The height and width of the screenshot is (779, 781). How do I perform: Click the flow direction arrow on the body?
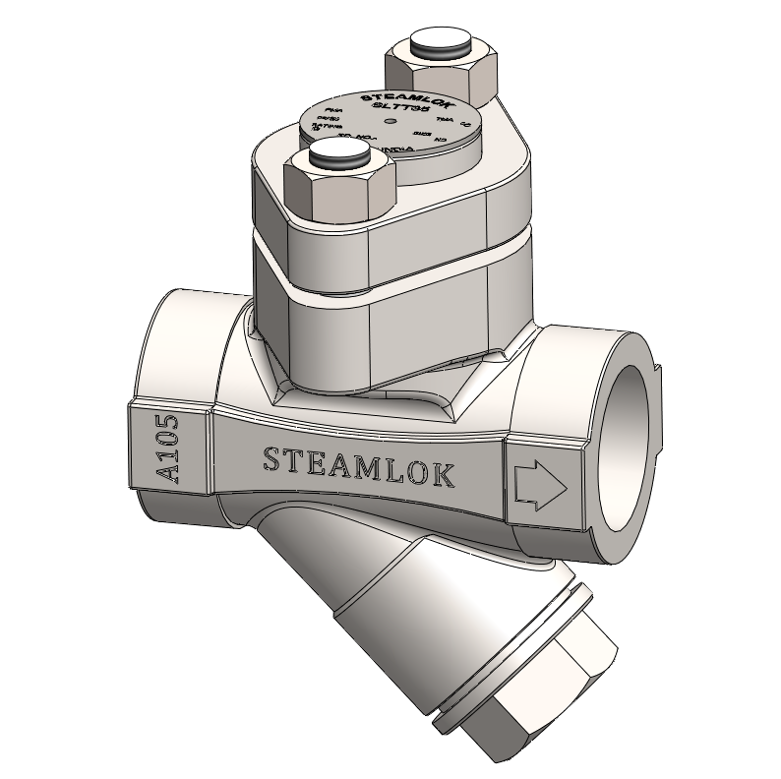[x=540, y=484]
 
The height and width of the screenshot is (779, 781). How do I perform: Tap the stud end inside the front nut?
[x=337, y=154]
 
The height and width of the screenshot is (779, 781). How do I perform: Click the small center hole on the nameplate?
[x=391, y=122]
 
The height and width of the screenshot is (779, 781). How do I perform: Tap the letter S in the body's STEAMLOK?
[x=270, y=457]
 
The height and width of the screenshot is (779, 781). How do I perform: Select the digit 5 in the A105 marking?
[x=166, y=425]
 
